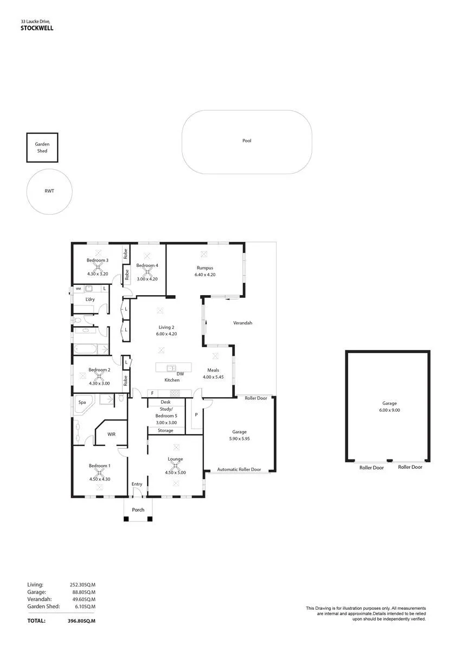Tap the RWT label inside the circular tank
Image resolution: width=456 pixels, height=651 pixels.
[49, 191]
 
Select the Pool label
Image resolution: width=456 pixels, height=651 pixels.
[247, 141]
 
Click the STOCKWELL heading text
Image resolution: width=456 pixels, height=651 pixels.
[37, 28]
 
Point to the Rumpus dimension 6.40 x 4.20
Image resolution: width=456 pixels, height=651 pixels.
[205, 275]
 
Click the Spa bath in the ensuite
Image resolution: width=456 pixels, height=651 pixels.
[82, 404]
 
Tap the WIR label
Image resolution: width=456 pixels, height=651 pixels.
[111, 434]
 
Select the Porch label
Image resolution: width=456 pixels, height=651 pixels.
[138, 510]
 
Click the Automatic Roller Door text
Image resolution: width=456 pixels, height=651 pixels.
[239, 469]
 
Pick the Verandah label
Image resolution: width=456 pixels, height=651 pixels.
[242, 323]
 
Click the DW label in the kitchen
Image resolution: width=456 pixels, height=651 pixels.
[180, 374]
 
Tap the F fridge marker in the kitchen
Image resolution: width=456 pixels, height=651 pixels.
[152, 393]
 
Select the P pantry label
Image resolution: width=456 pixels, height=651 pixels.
[196, 414]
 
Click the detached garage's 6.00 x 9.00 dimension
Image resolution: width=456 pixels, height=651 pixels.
[389, 410]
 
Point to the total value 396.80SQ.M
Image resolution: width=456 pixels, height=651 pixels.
[81, 621]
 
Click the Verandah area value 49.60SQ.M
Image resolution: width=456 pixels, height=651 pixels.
[84, 599]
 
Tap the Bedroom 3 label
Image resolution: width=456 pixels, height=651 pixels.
[97, 260]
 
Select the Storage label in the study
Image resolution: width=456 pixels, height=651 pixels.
[165, 430]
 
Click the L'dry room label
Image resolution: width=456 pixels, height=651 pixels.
[90, 299]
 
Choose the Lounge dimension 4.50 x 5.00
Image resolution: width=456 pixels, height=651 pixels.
[175, 473]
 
